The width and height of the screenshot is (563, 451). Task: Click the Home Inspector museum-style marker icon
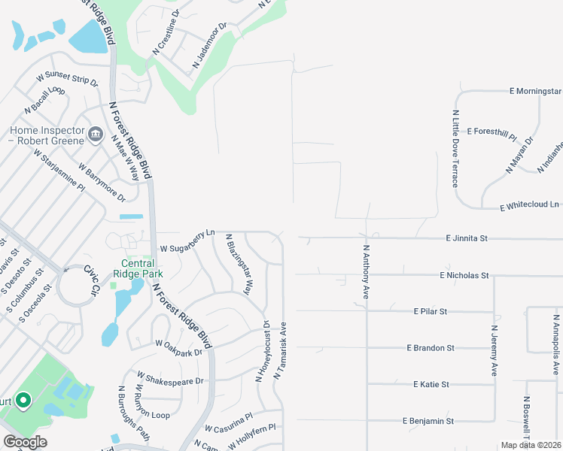tap(96, 135)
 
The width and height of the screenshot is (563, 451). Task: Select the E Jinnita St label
tap(467, 238)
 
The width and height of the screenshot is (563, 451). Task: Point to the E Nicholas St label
tap(464, 276)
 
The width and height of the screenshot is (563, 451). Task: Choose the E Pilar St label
tap(431, 311)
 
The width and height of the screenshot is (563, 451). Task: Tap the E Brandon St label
tap(431, 348)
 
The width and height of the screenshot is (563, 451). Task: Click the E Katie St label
tap(431, 384)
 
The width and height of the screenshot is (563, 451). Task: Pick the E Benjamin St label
tap(428, 421)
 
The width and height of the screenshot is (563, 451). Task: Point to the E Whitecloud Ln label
tap(530, 204)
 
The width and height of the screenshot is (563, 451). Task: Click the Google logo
tap(25, 442)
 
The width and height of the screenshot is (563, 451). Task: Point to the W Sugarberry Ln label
tap(187, 241)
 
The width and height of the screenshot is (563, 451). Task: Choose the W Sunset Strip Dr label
tap(68, 78)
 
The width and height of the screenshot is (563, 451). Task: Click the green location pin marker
tap(23, 401)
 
